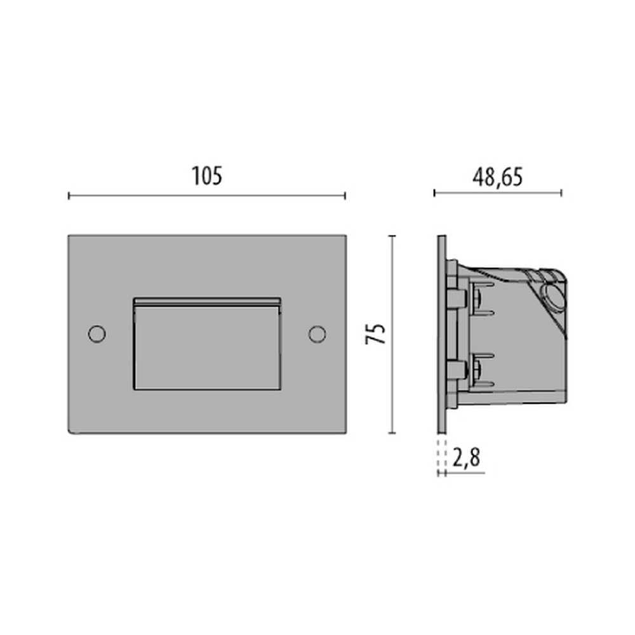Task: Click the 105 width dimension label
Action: [207, 177]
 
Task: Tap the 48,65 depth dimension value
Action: [497, 177]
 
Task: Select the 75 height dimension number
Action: [375, 334]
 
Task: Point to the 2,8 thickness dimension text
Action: [466, 458]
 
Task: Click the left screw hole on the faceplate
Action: [97, 334]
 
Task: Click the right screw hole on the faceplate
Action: [317, 334]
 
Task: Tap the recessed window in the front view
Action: [207, 344]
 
